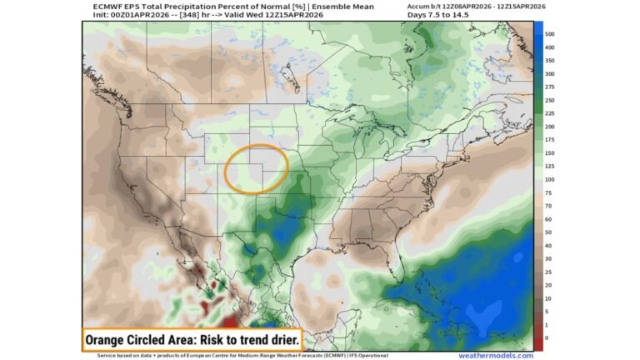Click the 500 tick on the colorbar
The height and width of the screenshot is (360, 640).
[549, 34]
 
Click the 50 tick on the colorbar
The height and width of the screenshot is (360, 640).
[548, 232]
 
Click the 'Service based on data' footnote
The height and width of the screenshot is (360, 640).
[133, 355]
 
